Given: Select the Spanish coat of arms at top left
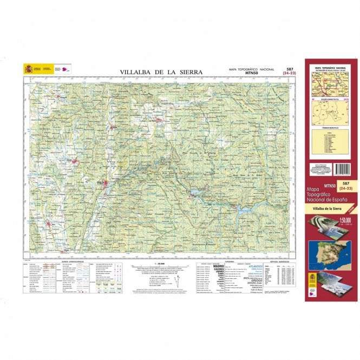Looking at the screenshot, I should [x=28, y=69].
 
